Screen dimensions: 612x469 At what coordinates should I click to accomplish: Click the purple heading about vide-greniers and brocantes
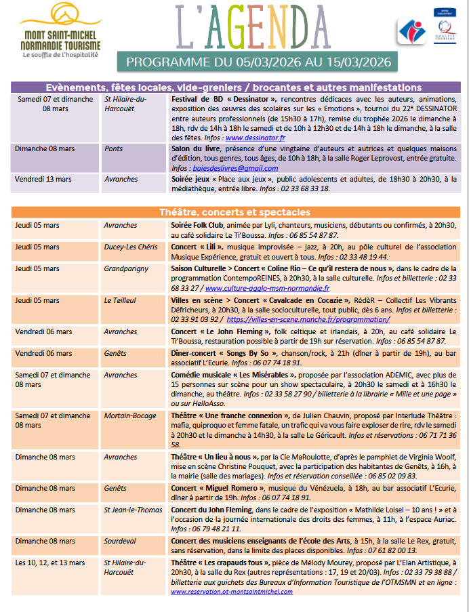[234, 87]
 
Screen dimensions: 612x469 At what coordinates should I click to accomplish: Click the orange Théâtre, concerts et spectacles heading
[234, 212]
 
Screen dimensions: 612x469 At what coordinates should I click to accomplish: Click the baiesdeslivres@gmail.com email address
[226, 168]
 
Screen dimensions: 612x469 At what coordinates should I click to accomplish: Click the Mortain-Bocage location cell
[129, 416]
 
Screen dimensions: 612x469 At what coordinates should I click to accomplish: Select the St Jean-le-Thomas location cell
[132, 510]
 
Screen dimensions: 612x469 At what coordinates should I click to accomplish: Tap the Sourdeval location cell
[121, 541]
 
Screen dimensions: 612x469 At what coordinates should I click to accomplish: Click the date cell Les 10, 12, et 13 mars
[50, 563]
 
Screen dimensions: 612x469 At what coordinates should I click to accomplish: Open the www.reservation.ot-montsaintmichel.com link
[232, 591]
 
